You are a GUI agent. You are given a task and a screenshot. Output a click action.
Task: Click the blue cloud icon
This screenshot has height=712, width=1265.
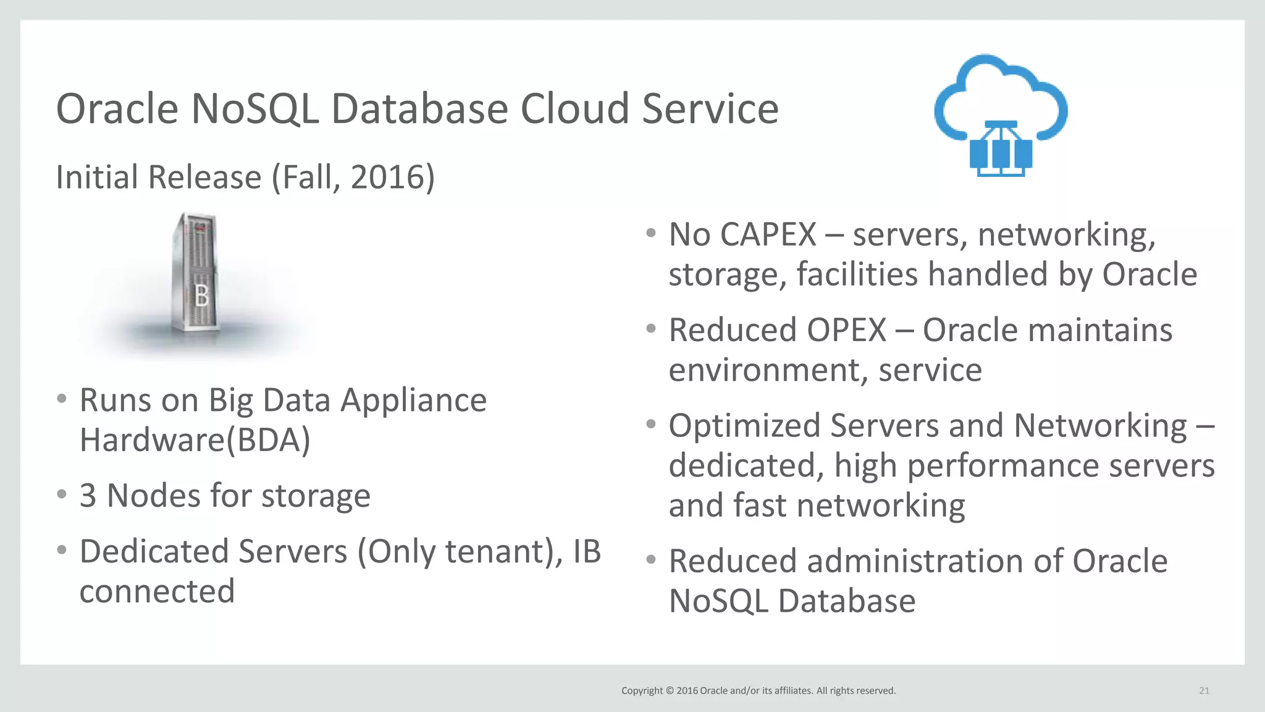(x=1001, y=114)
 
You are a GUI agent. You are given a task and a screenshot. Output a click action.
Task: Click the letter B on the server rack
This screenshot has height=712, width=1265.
(x=201, y=297)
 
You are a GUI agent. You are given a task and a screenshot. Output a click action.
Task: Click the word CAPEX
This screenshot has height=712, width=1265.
(x=768, y=235)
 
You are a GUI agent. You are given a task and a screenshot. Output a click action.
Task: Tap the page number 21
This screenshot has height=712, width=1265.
(x=1204, y=690)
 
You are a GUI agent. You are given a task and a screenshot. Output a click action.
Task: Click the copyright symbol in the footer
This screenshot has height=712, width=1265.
(x=670, y=691)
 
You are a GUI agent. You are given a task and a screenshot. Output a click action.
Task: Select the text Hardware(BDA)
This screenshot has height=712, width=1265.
(x=195, y=440)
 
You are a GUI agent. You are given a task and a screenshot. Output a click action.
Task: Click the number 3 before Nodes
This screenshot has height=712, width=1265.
(x=88, y=496)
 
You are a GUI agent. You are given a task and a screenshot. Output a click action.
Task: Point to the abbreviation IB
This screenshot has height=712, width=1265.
(x=586, y=551)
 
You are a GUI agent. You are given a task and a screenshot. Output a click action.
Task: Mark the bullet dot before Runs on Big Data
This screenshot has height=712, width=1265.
(x=61, y=399)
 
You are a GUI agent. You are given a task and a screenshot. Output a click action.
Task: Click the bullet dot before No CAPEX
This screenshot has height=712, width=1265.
(x=650, y=234)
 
